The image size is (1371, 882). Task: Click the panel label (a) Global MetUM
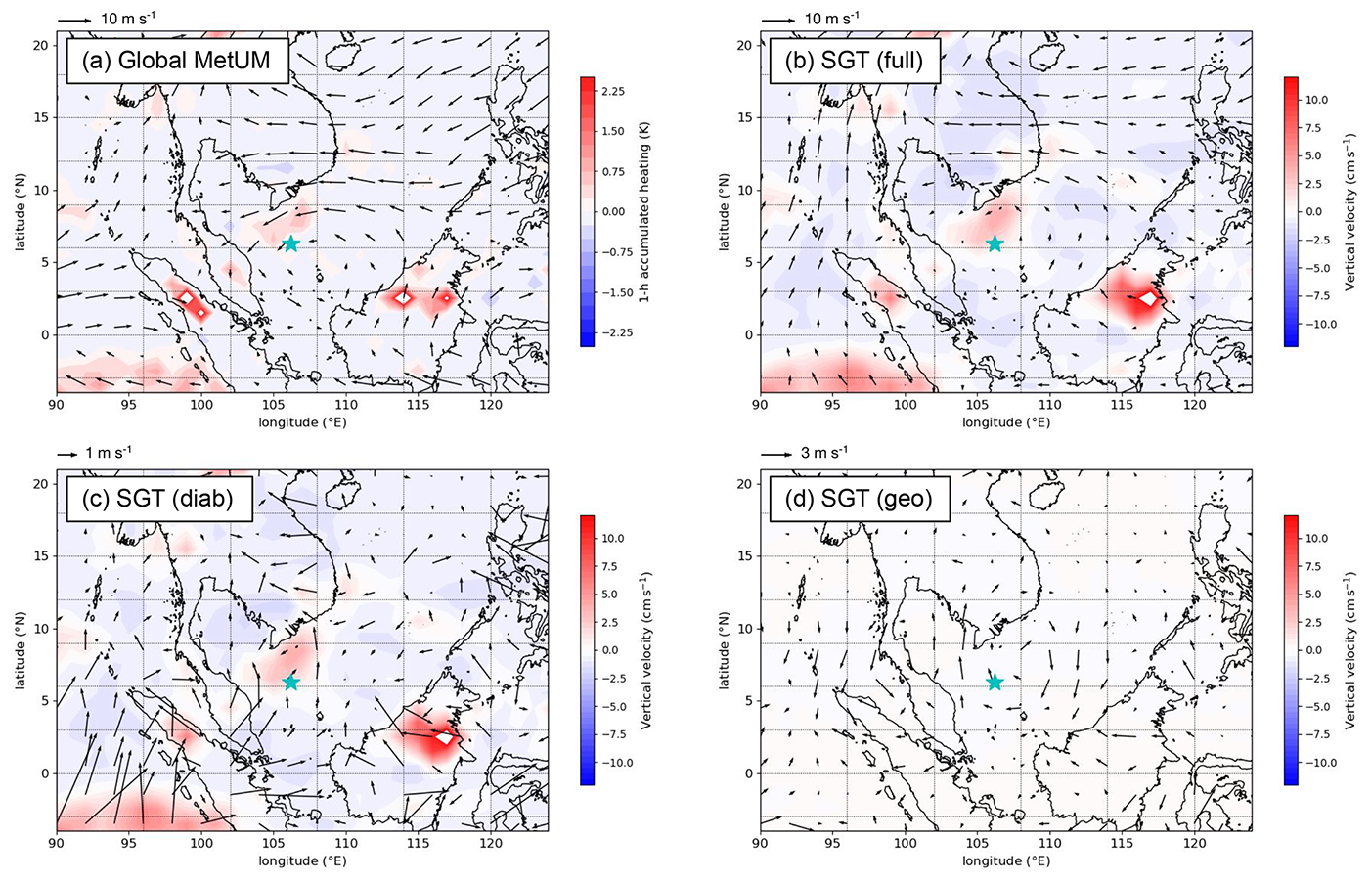tap(177, 61)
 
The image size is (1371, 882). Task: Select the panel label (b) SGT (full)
tap(854, 61)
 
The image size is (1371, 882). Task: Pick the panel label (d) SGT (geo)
tap(859, 499)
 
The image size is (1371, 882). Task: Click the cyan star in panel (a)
tap(290, 243)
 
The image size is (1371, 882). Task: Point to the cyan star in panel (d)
tap(995, 683)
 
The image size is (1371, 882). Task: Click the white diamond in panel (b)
tap(1148, 299)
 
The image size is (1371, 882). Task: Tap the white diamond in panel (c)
tap(445, 738)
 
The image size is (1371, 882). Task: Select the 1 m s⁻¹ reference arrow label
tap(108, 453)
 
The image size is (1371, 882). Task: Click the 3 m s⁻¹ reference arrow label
tap(824, 453)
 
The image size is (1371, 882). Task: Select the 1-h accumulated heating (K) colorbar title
tap(644, 211)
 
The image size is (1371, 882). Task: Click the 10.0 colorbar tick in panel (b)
tap(1316, 100)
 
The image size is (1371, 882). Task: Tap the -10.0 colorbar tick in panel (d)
tap(1319, 763)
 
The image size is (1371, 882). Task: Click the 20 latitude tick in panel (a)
tap(41, 45)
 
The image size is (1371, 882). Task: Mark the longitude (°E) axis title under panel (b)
tap(1006, 422)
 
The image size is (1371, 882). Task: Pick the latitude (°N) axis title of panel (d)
tap(725, 650)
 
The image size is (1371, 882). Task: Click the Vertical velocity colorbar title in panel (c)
tap(646, 650)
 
